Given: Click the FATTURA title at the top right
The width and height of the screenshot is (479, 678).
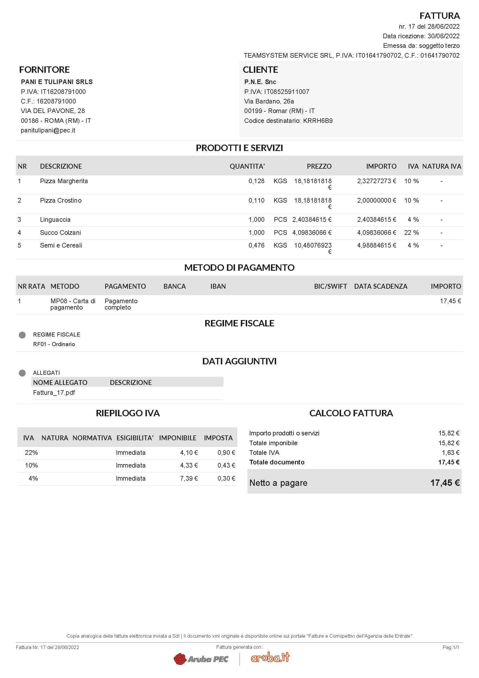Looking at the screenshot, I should pyautogui.click(x=440, y=15).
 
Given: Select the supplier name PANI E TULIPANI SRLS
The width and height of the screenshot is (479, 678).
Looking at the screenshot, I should pyautogui.click(x=57, y=82).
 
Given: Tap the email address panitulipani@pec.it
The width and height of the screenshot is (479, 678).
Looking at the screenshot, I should pyautogui.click(x=48, y=130).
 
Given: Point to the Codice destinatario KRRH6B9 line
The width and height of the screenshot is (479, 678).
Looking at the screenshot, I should pyautogui.click(x=288, y=121).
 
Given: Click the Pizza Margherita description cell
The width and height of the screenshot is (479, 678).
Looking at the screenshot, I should pyautogui.click(x=64, y=181).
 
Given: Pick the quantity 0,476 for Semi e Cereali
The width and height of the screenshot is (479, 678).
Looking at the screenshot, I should pyautogui.click(x=256, y=246).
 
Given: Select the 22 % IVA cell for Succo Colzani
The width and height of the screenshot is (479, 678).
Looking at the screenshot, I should pyautogui.click(x=411, y=233).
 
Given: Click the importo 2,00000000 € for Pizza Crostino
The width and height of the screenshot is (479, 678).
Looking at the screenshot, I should pyautogui.click(x=376, y=201).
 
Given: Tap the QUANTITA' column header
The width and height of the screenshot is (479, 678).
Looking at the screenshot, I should pyautogui.click(x=247, y=166).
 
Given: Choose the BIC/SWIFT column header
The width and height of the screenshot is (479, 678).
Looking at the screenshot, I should pyautogui.click(x=330, y=286).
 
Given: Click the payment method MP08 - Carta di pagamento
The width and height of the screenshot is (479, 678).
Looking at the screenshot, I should pyautogui.click(x=73, y=304).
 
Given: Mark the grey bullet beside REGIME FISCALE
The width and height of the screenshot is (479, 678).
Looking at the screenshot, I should pyautogui.click(x=22, y=335).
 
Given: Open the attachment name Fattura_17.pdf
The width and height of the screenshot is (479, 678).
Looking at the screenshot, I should pyautogui.click(x=54, y=392).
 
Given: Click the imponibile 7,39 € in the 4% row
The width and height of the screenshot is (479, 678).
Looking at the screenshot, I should pyautogui.click(x=189, y=478).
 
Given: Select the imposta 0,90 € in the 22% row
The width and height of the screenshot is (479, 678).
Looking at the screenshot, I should pyautogui.click(x=226, y=452).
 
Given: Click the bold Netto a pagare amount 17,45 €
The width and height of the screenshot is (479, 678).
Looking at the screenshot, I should pyautogui.click(x=445, y=483).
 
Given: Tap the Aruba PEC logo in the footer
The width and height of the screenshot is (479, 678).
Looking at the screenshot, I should pyautogui.click(x=201, y=659).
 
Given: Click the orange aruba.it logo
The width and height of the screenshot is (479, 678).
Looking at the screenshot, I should pyautogui.click(x=270, y=657).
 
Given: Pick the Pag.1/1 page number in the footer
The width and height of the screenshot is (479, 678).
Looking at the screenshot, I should pyautogui.click(x=451, y=647).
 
